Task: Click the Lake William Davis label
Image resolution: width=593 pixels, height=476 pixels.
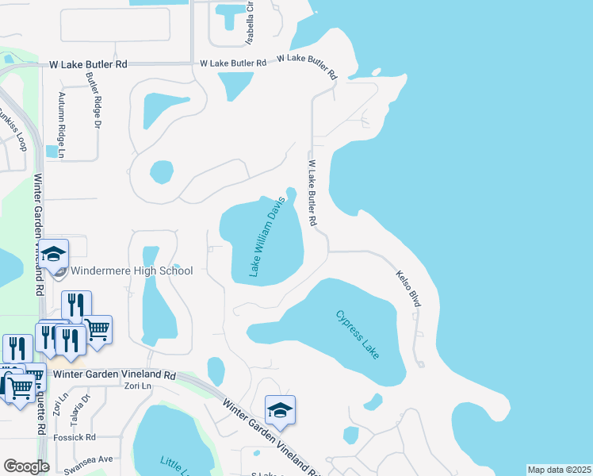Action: tap(267, 237)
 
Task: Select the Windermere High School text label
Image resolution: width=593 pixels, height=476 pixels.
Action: tap(132, 271)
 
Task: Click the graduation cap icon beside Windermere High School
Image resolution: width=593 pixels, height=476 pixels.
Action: tap(54, 255)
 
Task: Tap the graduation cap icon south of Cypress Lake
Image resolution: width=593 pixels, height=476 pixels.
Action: tap(280, 410)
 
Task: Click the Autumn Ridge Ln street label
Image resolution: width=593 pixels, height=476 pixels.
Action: tap(61, 118)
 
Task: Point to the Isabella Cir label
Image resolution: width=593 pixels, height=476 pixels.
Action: tap(250, 21)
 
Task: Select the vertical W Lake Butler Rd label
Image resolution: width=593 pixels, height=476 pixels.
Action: tap(312, 193)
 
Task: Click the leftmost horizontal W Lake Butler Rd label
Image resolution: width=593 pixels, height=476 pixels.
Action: tap(88, 65)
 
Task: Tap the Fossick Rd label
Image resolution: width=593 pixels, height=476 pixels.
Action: tap(75, 437)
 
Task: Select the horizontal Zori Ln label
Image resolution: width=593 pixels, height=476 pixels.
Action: tap(137, 386)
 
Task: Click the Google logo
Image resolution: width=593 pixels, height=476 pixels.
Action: tap(26, 466)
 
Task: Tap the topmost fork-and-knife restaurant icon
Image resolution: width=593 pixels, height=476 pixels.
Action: tap(76, 305)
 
